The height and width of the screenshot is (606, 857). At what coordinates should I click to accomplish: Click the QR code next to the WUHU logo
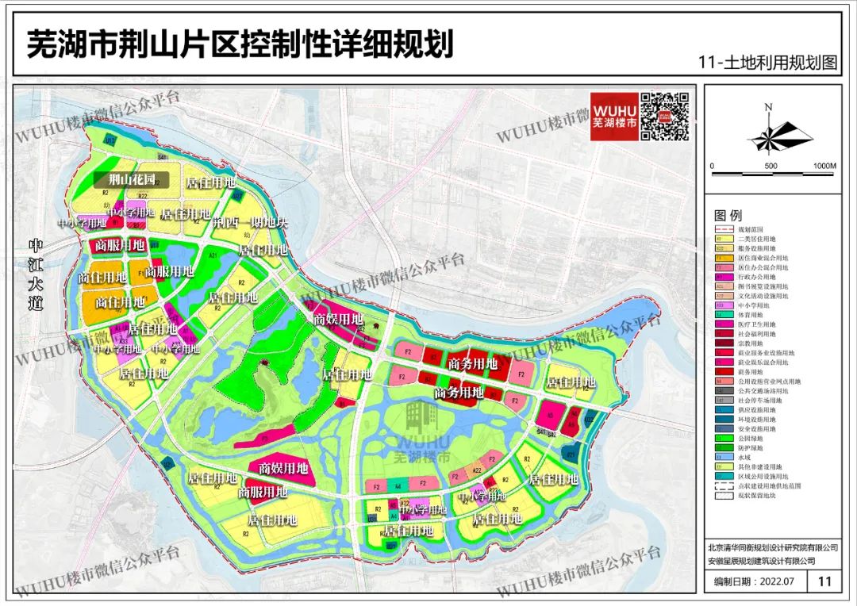coord(665,117)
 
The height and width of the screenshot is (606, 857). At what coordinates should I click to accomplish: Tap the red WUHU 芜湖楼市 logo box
coord(613,117)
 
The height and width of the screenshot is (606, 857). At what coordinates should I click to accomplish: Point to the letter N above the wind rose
coord(768,107)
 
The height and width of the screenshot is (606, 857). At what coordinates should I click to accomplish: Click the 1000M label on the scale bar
coord(824,166)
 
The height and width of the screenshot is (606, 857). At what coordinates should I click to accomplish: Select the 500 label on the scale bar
coord(770,166)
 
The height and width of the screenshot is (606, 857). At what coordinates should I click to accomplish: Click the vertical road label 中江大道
coord(35,274)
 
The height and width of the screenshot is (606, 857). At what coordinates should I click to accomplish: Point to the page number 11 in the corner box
coord(824,581)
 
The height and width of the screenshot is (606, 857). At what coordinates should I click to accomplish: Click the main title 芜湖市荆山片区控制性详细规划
coord(240,44)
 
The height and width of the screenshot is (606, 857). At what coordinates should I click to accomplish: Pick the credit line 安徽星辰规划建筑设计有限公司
coord(763,561)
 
